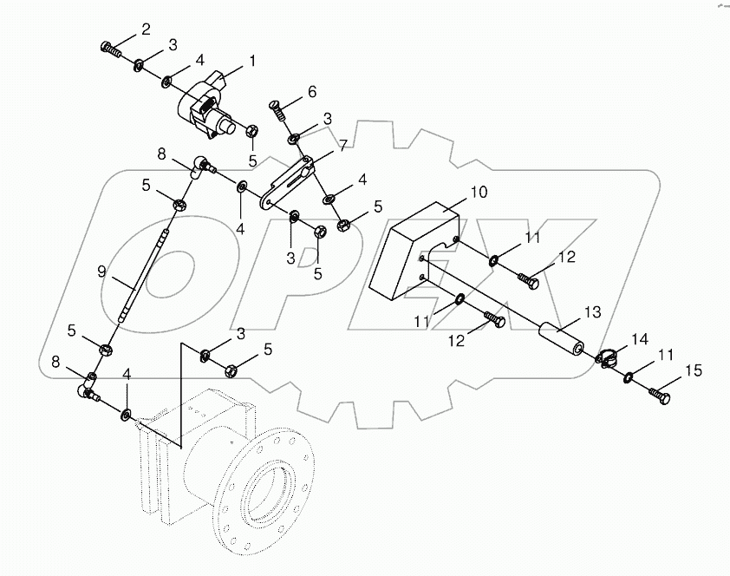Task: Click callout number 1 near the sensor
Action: (x=252, y=62)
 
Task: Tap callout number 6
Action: (x=312, y=91)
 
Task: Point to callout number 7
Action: (x=342, y=146)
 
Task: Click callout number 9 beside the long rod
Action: (x=101, y=272)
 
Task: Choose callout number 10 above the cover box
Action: (x=455, y=192)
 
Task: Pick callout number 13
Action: (x=591, y=311)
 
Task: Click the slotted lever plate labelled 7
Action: (x=288, y=180)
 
